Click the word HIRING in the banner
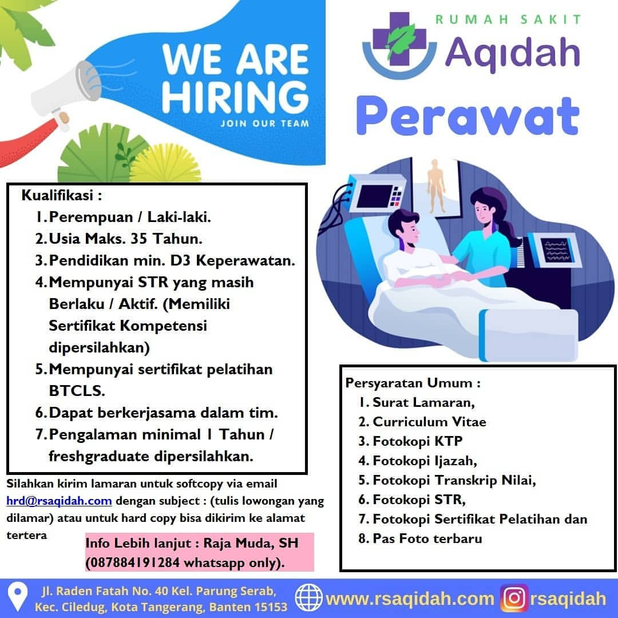tap(235, 97)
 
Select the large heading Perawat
tap(468, 116)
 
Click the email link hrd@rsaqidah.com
tap(59, 501)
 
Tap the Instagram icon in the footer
tap(514, 599)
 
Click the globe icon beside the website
tap(309, 597)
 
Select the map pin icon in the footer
tap(18, 597)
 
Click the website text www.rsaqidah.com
tap(410, 599)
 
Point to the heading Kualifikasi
tap(61, 195)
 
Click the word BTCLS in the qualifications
tap(77, 391)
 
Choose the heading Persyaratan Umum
tap(413, 383)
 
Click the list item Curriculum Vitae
tap(429, 422)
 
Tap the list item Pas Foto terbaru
tap(427, 538)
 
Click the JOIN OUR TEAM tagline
tap(265, 124)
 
